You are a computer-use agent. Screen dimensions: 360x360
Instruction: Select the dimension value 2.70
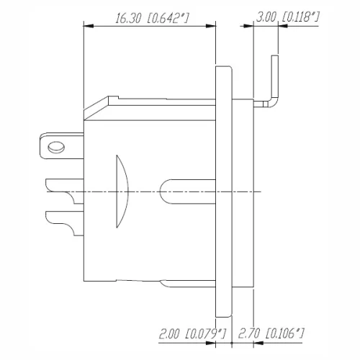coord(251,333)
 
